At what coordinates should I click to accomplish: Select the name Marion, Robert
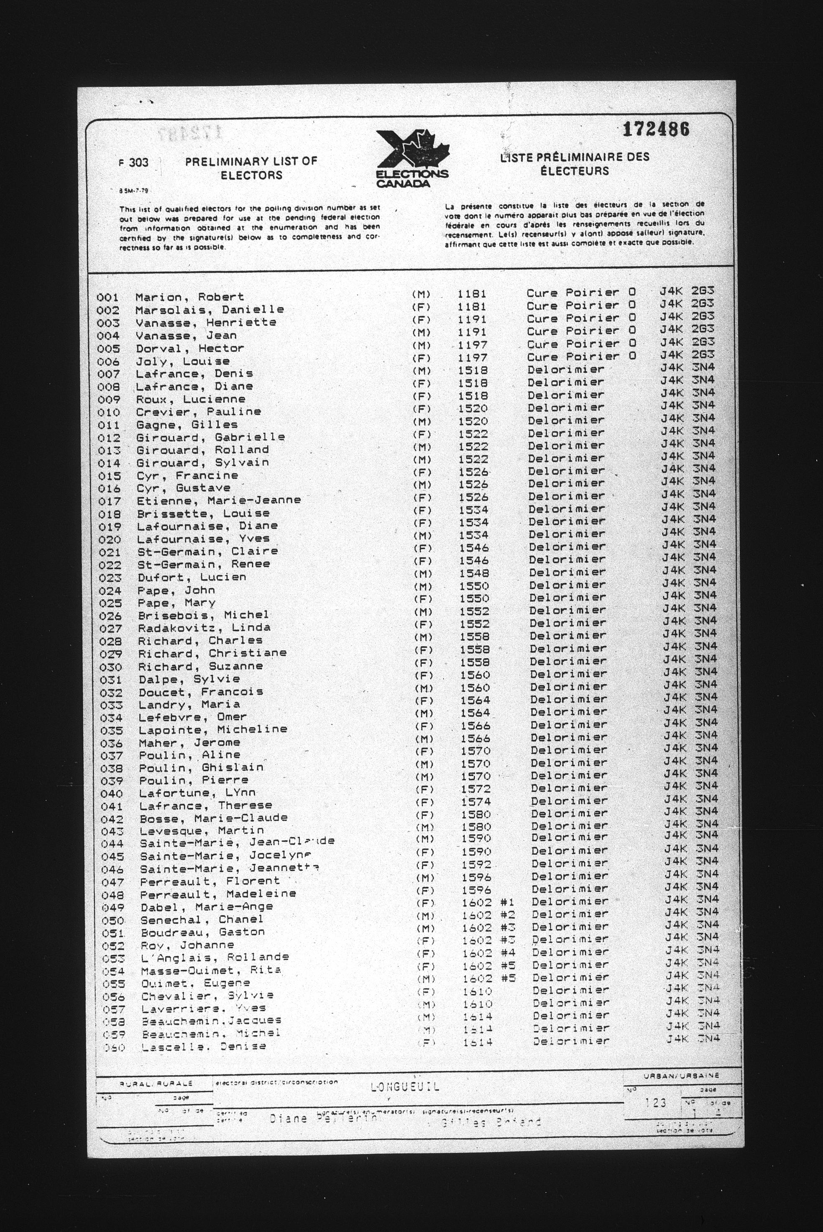tap(189, 297)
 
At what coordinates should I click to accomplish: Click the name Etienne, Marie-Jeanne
tap(219, 501)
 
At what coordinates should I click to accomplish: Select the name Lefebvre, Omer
tap(193, 717)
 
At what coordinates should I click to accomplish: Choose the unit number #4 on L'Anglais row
tap(508, 952)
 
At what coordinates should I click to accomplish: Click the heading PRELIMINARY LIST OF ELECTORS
tap(251, 168)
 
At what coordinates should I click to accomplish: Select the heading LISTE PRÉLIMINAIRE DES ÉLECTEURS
tap(575, 164)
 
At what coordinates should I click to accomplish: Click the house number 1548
tap(473, 573)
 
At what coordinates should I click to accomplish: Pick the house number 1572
tap(476, 789)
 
